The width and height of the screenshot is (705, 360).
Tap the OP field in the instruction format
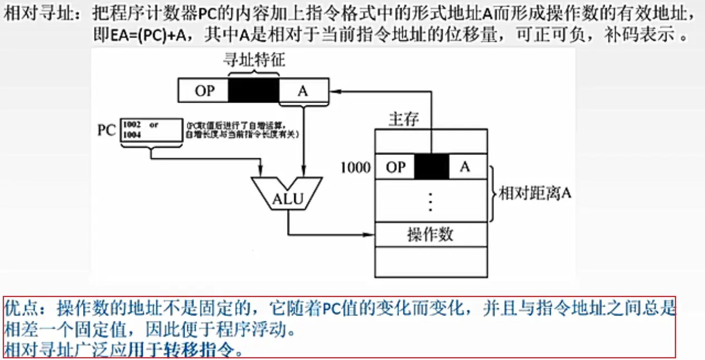coord(205,91)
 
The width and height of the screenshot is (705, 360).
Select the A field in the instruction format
coord(303,91)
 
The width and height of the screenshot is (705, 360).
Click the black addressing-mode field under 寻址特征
coord(254,91)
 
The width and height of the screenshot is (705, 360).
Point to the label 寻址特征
coord(254,61)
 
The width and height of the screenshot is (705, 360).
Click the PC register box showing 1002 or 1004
coord(150,132)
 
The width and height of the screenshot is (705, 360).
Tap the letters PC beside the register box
coord(106,132)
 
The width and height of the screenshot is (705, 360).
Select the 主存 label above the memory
coord(404,120)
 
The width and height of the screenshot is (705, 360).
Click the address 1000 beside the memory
coord(356,167)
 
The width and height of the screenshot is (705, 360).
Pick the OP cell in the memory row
coord(395,167)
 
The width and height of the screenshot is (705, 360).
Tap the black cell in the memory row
coord(431,167)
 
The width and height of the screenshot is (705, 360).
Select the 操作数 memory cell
coord(430,235)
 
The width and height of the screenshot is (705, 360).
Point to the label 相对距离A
coord(535,193)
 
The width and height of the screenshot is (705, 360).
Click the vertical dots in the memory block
coord(430,201)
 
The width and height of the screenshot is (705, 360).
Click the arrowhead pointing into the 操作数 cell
coord(370,233)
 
